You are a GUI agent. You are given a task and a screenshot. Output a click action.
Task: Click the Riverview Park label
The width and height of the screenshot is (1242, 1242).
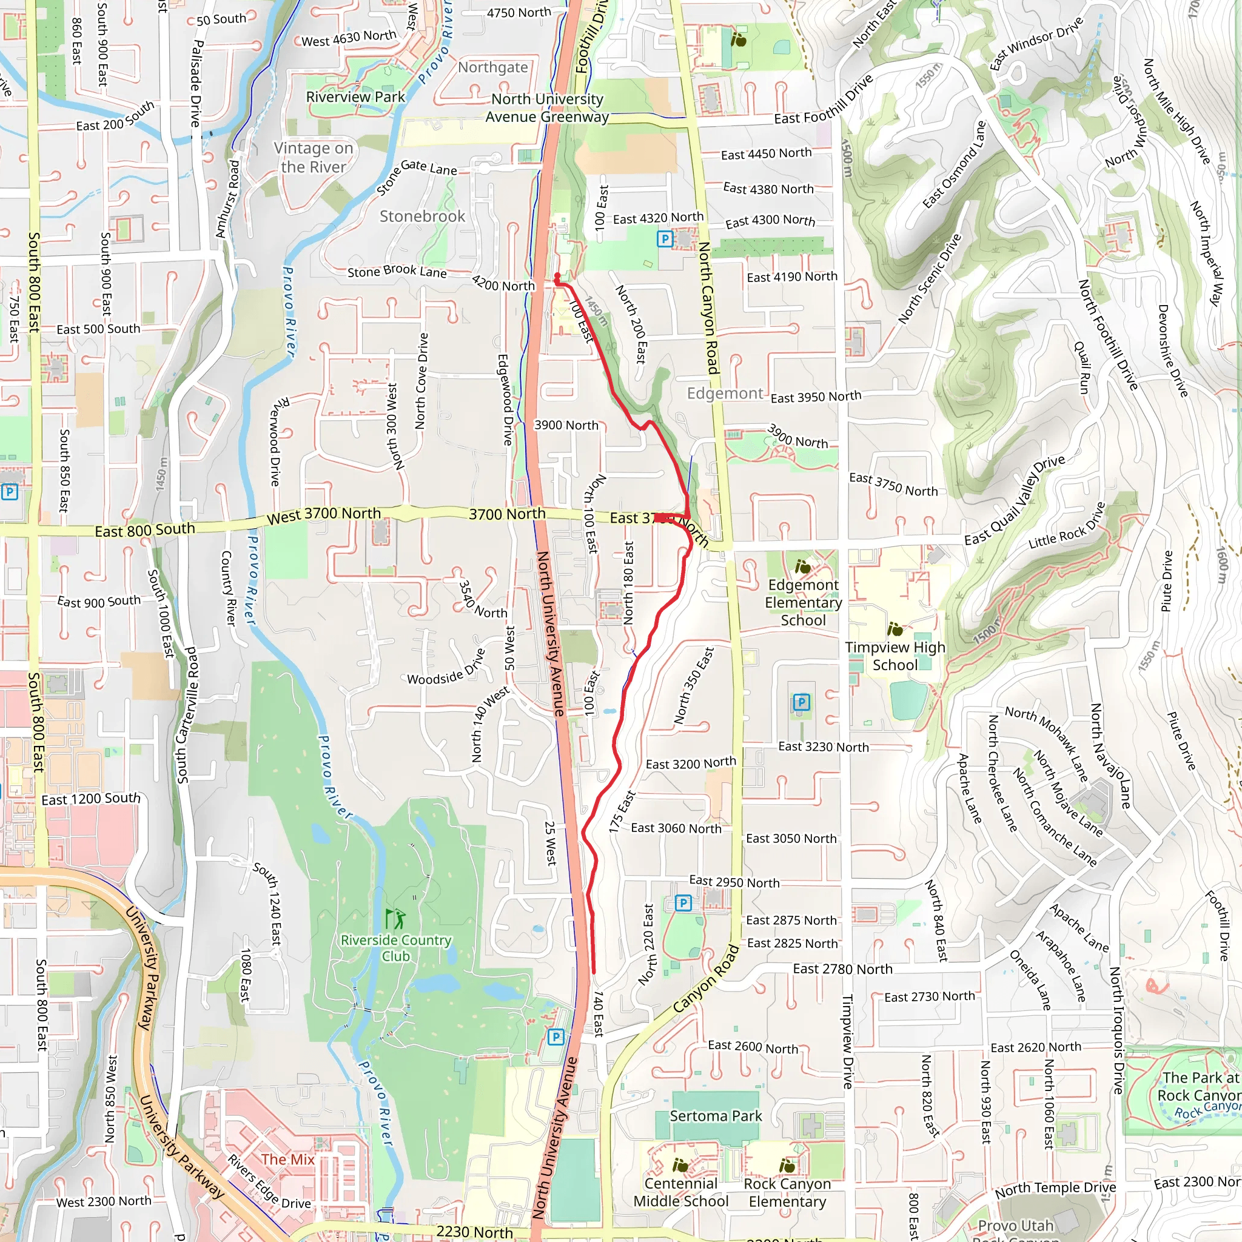coord(355,97)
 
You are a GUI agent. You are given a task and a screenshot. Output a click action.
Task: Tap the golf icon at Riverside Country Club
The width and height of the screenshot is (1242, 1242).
coord(395,918)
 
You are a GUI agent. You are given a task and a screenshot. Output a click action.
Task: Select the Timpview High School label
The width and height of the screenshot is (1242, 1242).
coord(895,656)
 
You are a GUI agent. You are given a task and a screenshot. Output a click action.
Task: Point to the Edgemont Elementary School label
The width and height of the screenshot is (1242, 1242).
coord(803,602)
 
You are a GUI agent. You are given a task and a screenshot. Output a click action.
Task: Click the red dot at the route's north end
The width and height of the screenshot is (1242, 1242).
coord(557,277)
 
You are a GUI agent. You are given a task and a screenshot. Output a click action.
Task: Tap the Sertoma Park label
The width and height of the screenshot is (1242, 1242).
coord(716,1115)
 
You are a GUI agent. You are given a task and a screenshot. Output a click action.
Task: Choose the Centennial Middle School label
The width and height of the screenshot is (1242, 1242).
coord(681,1192)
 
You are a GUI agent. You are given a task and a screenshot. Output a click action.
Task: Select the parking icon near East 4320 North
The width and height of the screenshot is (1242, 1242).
coord(665,240)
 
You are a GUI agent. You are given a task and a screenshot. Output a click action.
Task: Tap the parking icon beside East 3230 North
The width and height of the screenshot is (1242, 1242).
coord(801,702)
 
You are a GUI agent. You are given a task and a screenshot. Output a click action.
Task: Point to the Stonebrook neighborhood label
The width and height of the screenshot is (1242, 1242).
coord(422,216)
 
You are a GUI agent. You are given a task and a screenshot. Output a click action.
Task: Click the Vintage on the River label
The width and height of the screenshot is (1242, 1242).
coord(314,158)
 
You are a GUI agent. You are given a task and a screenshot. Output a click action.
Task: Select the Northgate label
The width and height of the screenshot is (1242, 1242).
coord(493,67)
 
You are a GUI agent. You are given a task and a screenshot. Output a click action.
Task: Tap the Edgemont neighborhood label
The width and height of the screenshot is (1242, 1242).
coord(725,393)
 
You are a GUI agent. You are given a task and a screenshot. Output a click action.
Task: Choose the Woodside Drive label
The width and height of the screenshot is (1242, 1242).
coord(446,668)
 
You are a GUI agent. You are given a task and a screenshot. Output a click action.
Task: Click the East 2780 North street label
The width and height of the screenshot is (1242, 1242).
coord(842,968)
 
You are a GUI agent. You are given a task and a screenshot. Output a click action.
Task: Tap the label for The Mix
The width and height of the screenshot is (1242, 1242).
coord(287,1159)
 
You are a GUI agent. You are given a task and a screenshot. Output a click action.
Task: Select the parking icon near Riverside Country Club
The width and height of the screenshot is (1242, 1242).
coord(556,1037)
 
